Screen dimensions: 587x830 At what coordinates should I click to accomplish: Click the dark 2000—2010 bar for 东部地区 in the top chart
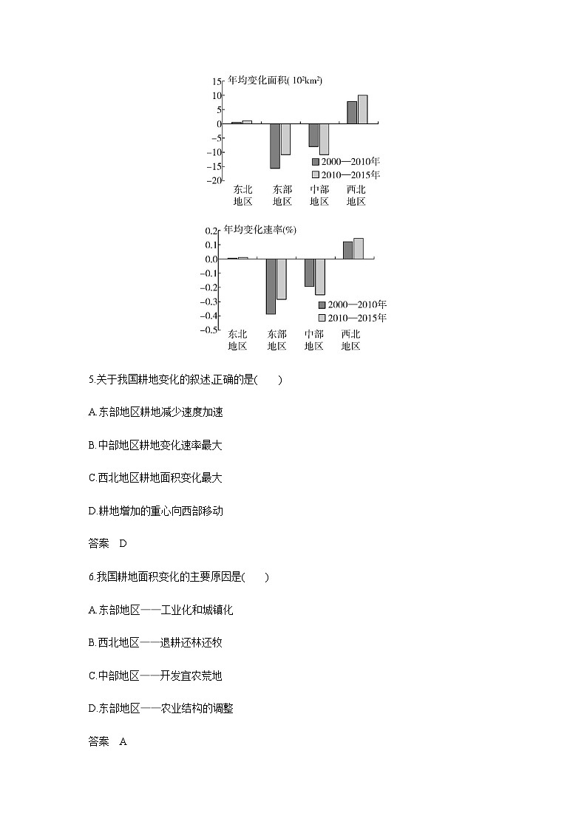coord(275,146)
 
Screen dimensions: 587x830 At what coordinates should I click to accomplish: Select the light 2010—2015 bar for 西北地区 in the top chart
coord(362,109)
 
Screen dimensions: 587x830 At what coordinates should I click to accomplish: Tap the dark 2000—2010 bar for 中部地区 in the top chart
coord(313,135)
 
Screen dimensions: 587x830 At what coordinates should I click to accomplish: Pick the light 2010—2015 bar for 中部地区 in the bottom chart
coord(319,276)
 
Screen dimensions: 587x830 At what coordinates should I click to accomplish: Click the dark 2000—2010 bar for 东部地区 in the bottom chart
coord(271,286)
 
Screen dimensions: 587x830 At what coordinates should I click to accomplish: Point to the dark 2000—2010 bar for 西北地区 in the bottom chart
coord(347,250)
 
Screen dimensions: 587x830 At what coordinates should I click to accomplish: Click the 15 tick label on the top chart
coord(217,81)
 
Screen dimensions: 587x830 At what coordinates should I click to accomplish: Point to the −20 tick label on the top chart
coord(214,180)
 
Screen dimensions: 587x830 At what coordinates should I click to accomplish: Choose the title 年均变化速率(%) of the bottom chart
coord(260,230)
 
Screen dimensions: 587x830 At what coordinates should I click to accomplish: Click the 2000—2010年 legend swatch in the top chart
coord(316,161)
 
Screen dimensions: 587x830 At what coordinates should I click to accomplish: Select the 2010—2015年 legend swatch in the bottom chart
coord(322,318)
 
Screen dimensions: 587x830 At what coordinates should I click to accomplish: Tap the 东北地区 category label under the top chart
coord(242,195)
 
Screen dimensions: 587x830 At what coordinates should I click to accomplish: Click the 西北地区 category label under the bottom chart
coord(350,339)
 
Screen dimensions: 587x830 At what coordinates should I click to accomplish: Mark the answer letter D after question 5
coord(123,543)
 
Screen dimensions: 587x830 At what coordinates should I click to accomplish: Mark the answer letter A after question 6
coord(123,741)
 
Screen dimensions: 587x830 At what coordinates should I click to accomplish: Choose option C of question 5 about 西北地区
coord(155,477)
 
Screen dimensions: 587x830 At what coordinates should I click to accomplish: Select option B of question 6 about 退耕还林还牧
coord(155,642)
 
